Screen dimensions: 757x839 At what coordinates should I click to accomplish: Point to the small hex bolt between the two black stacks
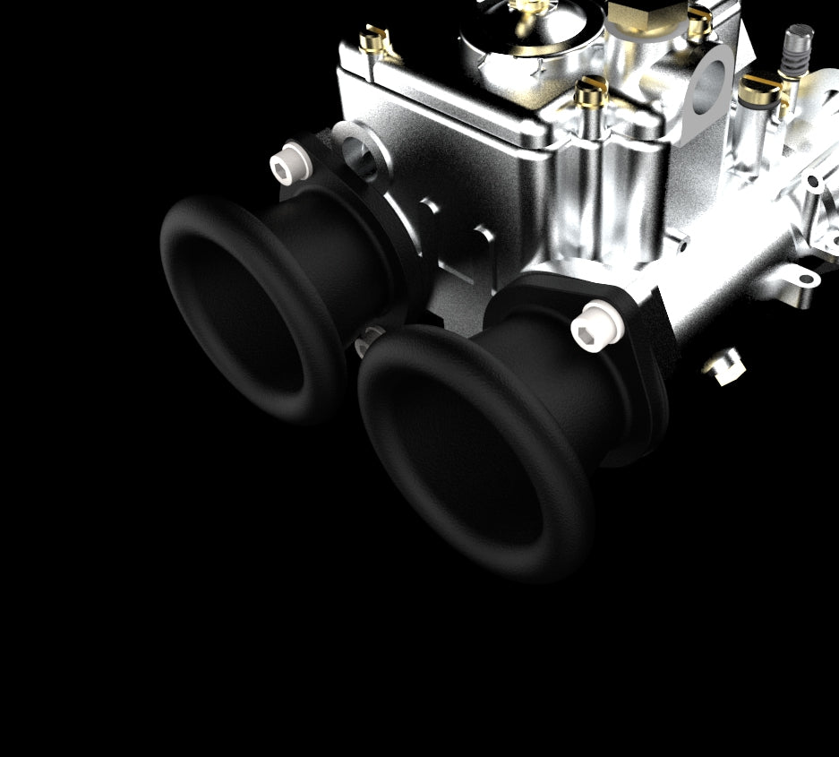coord(369,338)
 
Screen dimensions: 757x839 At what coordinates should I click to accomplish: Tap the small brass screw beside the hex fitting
coord(699,23)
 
